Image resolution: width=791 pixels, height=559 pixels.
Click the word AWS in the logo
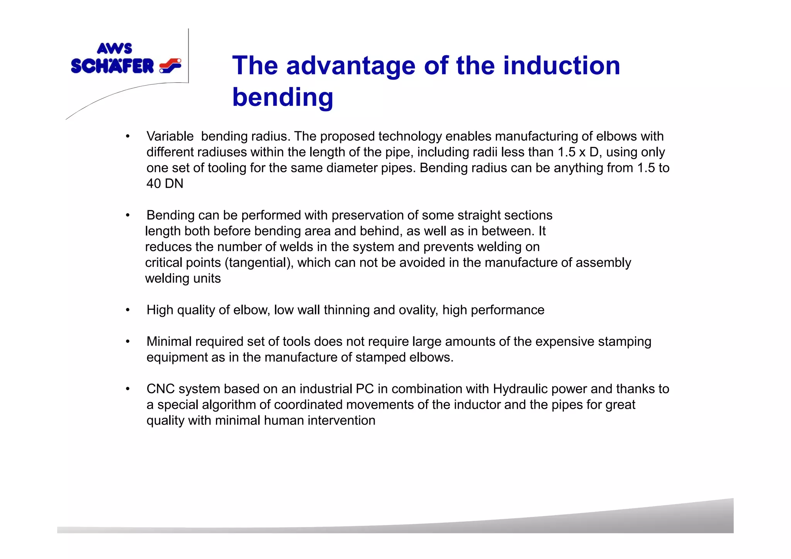coord(114,49)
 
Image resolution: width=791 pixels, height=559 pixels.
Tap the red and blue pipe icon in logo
coord(170,66)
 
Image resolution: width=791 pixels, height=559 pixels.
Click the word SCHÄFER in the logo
coord(112,66)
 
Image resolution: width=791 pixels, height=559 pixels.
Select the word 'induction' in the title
coord(561,65)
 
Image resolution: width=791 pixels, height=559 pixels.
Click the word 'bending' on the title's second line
coord(282,97)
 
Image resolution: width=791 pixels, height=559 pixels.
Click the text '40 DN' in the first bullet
coord(165,184)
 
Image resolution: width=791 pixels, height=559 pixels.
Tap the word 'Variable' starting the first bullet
coord(170,136)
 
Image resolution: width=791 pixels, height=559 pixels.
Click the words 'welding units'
coord(183,279)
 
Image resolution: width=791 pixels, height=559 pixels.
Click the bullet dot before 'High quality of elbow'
coord(127,310)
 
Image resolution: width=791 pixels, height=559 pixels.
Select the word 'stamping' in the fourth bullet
coord(625,342)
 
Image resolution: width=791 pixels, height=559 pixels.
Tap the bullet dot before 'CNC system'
coord(127,389)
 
